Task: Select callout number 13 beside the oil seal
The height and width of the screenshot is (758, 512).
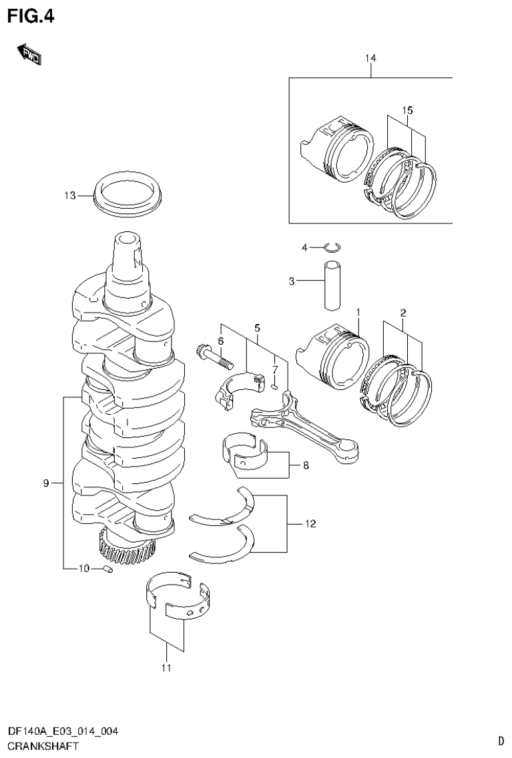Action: [70, 195]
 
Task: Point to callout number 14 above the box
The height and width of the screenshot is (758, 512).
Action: [370, 59]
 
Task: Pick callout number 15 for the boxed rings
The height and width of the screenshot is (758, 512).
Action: [407, 109]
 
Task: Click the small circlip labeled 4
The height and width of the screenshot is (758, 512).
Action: [331, 249]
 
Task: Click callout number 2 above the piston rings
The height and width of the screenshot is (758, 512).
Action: [403, 312]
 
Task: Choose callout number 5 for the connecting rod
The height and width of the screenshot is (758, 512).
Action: [256, 327]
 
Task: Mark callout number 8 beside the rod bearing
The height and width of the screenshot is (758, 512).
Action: [305, 465]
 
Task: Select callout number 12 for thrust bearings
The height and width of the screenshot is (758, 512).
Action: [309, 524]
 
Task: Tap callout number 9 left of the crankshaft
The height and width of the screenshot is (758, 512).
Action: [46, 483]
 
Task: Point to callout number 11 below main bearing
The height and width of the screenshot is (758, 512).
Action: [166, 667]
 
